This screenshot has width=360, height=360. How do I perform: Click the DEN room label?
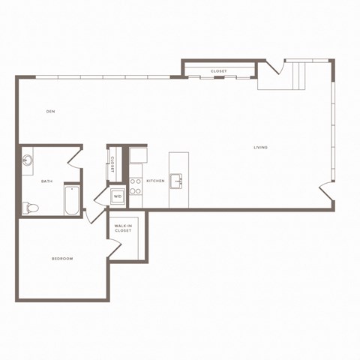click(x=51, y=112)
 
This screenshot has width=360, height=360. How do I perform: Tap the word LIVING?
click(x=260, y=147)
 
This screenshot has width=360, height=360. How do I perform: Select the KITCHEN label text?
click(x=155, y=181)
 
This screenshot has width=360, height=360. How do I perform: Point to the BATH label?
click(x=46, y=181)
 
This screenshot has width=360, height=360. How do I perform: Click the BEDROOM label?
click(x=62, y=259)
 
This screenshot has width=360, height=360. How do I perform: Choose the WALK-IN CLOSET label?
click(x=123, y=228)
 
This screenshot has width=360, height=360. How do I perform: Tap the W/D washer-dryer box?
click(x=118, y=196)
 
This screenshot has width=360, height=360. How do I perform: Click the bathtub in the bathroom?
click(x=72, y=200)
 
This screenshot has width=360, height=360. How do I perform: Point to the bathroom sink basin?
click(x=28, y=160)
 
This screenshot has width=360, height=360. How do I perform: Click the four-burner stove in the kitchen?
click(x=136, y=187)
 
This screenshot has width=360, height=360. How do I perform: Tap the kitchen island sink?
click(x=178, y=180)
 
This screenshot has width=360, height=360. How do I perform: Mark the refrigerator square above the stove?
click(x=137, y=156)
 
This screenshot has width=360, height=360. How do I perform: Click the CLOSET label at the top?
click(x=219, y=71)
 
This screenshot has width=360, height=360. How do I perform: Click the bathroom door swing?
click(x=76, y=156)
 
